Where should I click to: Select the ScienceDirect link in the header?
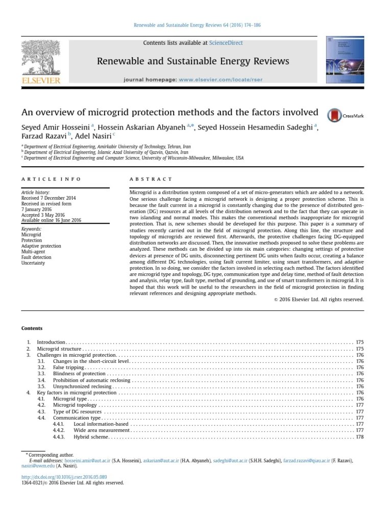click(x=226, y=43)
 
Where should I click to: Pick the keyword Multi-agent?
click(x=33, y=252)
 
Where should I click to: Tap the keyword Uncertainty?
click(x=33, y=264)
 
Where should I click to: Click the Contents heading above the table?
click(x=32, y=328)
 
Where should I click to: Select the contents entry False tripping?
click(x=68, y=367)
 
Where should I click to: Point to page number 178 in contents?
click(x=359, y=437)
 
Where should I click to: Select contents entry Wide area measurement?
click(x=101, y=431)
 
